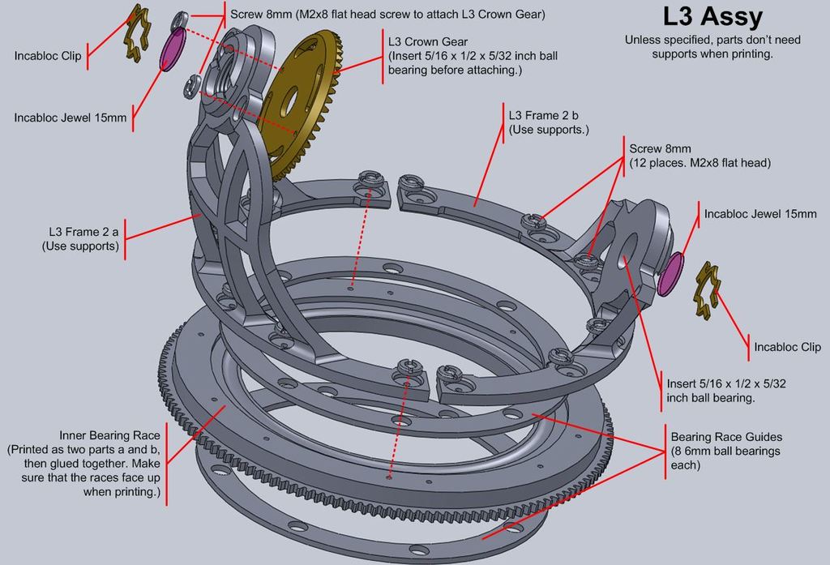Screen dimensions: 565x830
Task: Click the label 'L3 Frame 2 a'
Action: coord(80,238)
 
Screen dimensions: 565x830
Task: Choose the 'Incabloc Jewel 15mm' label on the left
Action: coord(71,118)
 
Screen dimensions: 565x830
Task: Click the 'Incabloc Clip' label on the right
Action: coord(787,347)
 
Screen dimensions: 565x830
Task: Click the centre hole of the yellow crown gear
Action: coord(289,104)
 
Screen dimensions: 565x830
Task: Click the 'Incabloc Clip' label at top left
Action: coord(47,56)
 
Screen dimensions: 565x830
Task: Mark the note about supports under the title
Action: coord(698,46)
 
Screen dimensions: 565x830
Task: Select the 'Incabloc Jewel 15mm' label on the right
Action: coord(760,214)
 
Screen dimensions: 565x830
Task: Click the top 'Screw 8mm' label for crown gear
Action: coord(387,15)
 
